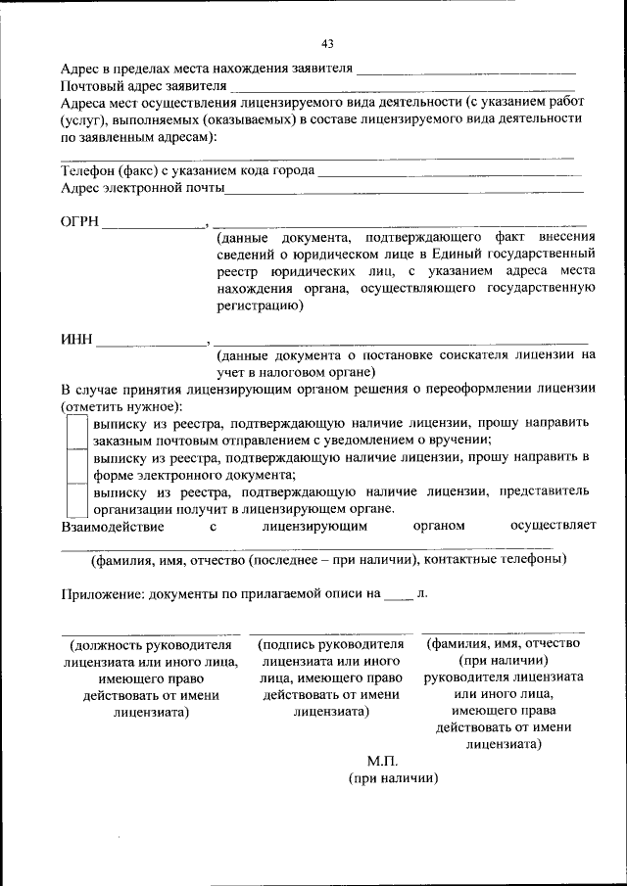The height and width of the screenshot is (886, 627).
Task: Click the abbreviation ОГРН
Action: [80, 222]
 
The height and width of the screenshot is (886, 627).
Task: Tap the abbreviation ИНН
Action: [75, 340]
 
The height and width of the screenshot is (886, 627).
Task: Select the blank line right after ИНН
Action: [151, 344]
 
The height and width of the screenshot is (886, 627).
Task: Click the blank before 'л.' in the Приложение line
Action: [398, 596]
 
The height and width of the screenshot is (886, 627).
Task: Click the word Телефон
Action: [87, 170]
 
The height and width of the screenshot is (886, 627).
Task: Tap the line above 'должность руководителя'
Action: [151, 633]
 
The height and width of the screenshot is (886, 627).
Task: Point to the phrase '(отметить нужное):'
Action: [121, 405]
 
